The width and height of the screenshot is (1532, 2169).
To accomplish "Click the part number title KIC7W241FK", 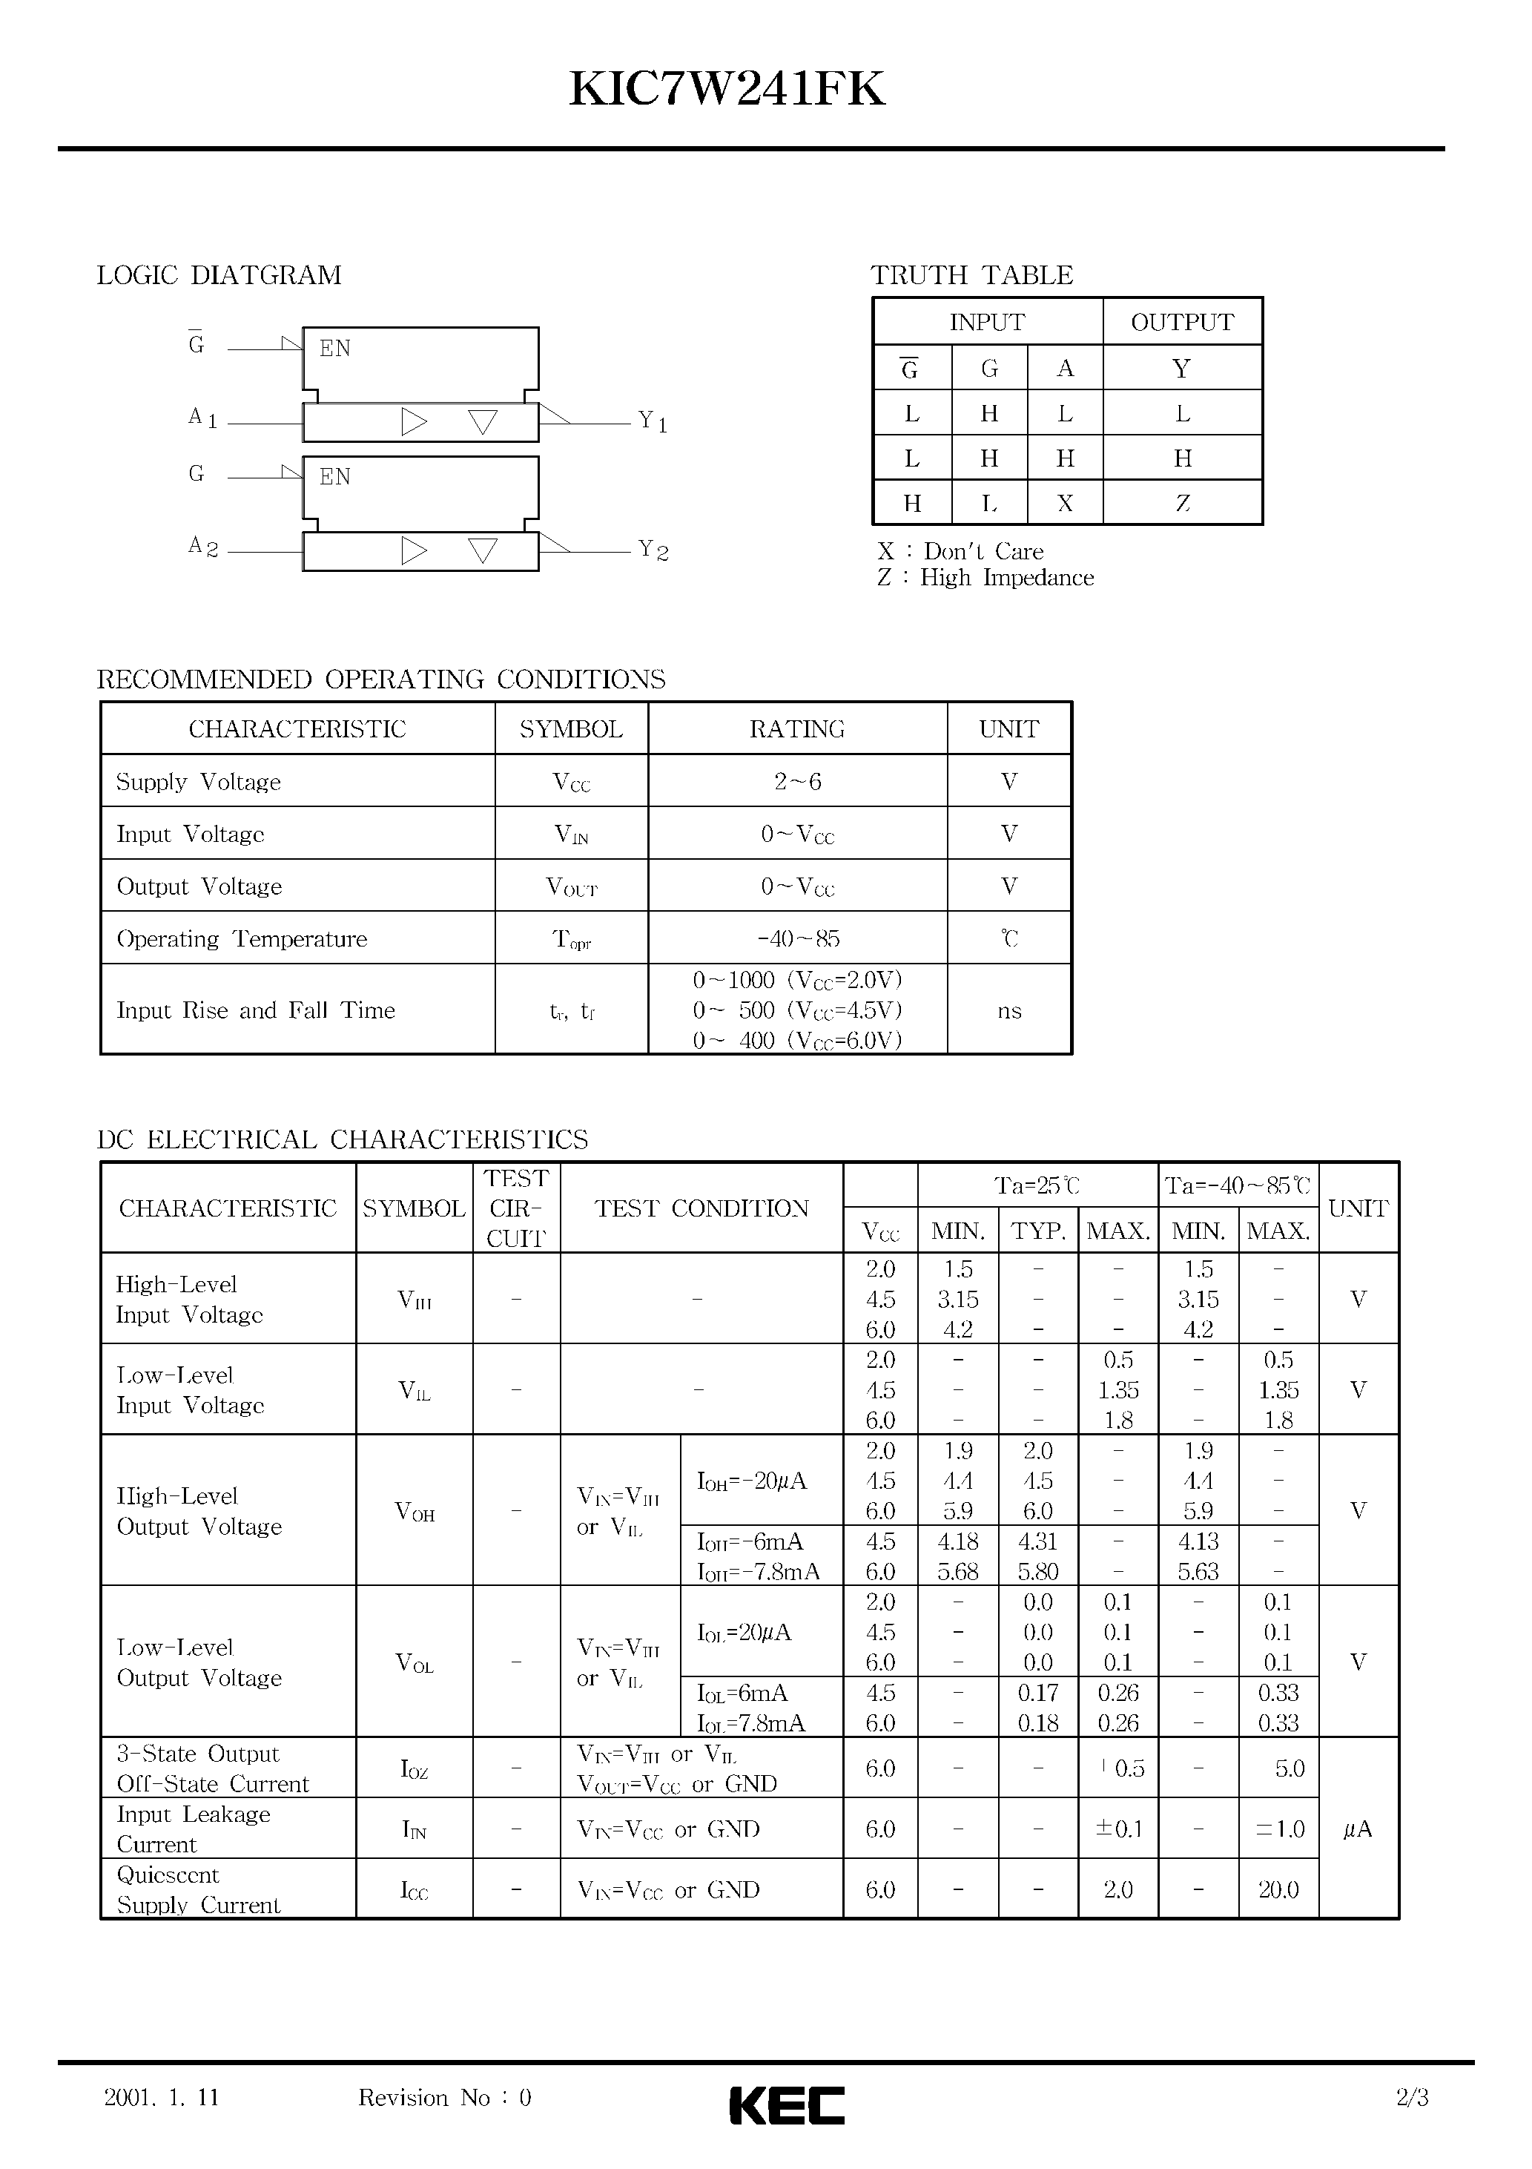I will [x=727, y=90].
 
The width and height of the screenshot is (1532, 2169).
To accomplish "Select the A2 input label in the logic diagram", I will [x=203, y=547].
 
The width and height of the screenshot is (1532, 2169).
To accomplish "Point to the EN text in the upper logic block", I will [x=334, y=349].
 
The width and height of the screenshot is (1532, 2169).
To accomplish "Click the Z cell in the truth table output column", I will [x=1181, y=504].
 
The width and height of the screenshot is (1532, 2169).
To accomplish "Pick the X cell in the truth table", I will [x=1065, y=504].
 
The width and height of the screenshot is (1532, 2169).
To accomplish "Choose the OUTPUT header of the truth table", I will [x=1181, y=322].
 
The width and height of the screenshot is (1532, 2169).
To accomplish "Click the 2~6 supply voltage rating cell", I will [x=797, y=781].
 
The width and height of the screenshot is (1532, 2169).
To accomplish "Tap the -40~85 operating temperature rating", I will [x=797, y=939].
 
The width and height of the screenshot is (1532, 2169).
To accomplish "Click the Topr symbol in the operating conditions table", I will [x=572, y=939].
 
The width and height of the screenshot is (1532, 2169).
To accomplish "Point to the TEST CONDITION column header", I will [x=701, y=1208].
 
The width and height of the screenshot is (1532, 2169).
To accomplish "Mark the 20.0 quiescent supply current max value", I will [x=1277, y=1889].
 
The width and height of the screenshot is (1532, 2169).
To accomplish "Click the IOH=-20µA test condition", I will [x=752, y=1481].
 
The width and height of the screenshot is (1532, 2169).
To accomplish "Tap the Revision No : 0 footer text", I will [x=444, y=2097].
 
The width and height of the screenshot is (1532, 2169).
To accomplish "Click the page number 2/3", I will [x=1411, y=2097].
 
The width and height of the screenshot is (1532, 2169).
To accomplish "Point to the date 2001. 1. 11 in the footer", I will [x=162, y=2097].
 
